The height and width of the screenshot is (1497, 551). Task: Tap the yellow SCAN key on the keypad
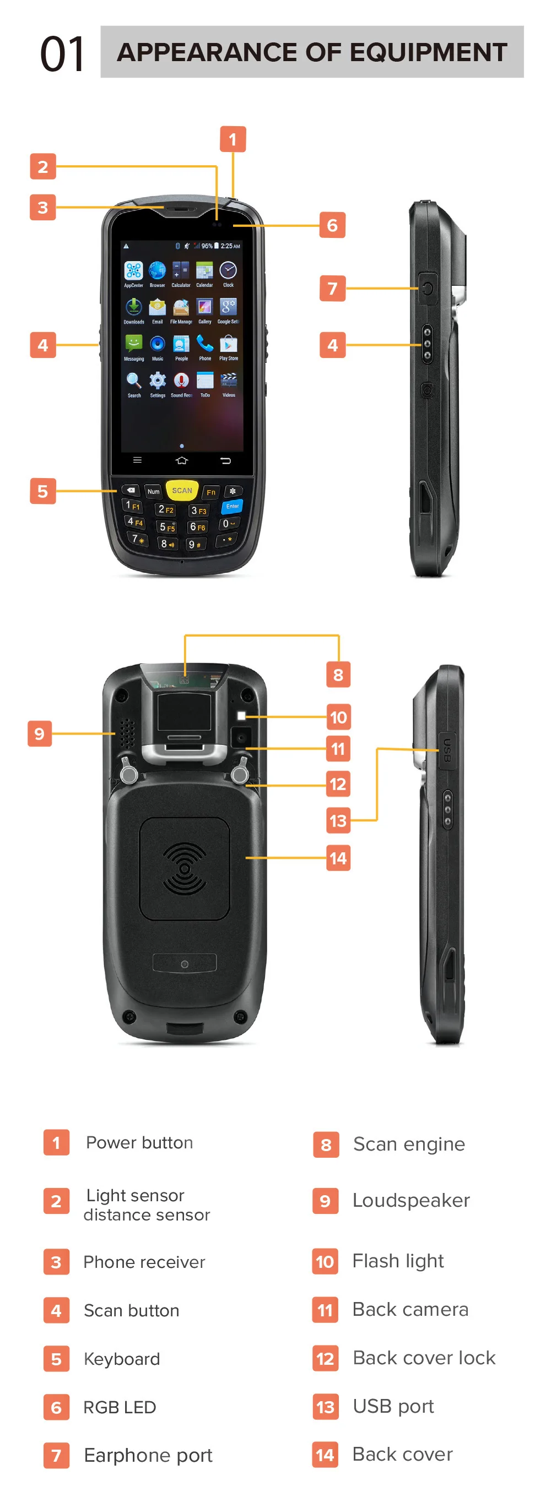[182, 491]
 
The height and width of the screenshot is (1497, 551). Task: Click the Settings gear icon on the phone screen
[158, 381]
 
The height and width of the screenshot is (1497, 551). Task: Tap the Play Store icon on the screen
[229, 344]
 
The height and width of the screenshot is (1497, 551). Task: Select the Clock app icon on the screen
[229, 270]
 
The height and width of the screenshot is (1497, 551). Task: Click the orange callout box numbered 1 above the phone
[233, 139]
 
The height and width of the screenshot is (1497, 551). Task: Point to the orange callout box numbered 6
[332, 225]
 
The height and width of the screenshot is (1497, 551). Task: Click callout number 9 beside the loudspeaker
[40, 734]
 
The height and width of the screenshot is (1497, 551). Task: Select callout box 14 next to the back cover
[338, 858]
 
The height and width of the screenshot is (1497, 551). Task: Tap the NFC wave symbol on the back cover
[184, 868]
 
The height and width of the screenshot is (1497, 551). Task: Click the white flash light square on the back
[241, 716]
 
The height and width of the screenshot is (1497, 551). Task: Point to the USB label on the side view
[446, 750]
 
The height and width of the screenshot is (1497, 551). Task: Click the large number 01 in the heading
[62, 53]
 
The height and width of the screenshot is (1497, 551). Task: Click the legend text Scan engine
[409, 1143]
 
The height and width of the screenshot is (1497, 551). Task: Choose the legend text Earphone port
[148, 1455]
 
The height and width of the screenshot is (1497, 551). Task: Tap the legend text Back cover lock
[424, 1358]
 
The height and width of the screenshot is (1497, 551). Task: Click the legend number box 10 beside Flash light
[325, 1261]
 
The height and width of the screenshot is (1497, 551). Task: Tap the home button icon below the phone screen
[181, 460]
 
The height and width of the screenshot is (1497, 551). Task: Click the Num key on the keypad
[153, 492]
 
